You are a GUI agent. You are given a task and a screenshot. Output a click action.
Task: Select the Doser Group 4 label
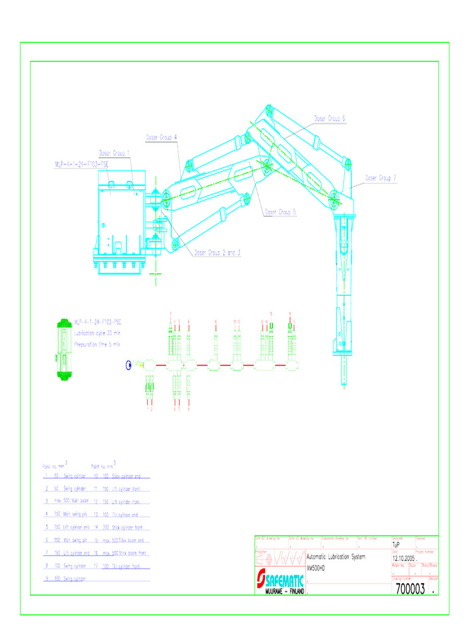click(161, 138)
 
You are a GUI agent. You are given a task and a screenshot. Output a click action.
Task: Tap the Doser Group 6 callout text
click(330, 119)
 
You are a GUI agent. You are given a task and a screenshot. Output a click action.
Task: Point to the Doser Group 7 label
click(381, 178)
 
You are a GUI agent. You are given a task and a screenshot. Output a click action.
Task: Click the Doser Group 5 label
click(280, 213)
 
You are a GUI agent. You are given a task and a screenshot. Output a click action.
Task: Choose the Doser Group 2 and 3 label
click(217, 252)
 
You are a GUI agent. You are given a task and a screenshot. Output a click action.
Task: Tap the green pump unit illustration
click(63, 350)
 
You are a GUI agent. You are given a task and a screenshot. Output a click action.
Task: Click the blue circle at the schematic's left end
click(129, 366)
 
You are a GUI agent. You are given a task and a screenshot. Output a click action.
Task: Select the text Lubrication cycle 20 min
click(98, 333)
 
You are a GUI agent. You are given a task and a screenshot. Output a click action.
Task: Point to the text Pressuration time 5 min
click(98, 345)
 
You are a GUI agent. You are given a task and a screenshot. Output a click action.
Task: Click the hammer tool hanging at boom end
click(343, 287)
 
